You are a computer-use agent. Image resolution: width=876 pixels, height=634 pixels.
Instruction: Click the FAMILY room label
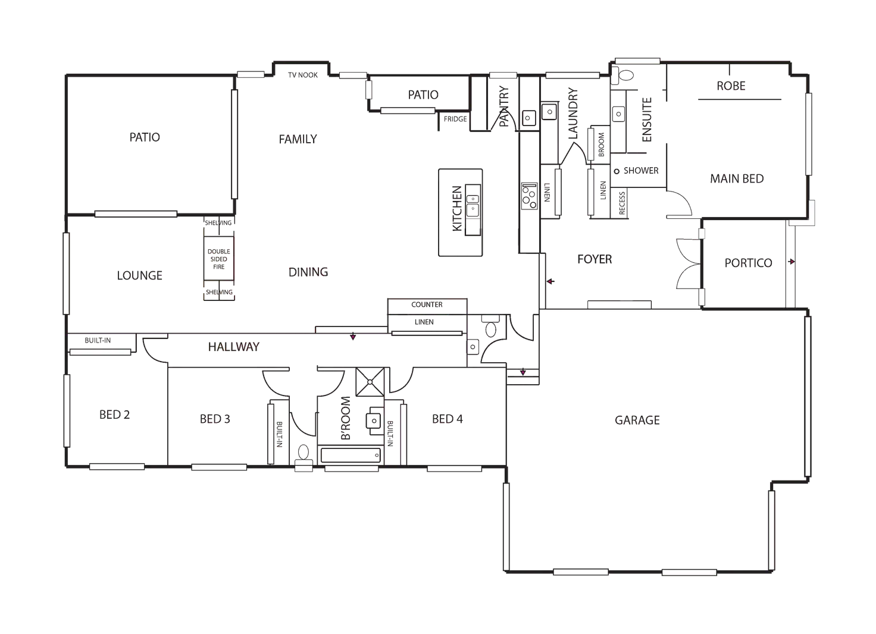pyautogui.click(x=298, y=139)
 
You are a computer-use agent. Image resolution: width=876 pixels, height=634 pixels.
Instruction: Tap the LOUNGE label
pyautogui.click(x=139, y=274)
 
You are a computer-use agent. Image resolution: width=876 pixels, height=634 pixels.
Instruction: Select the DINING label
pyautogui.click(x=308, y=272)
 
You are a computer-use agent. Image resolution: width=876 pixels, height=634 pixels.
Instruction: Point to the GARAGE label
pyautogui.click(x=637, y=421)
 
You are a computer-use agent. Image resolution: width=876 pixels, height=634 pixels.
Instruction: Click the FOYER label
pyautogui.click(x=595, y=259)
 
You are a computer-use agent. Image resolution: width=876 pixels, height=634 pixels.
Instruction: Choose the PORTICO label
pyautogui.click(x=747, y=263)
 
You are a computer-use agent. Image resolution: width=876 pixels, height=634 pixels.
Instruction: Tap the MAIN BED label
pyautogui.click(x=737, y=178)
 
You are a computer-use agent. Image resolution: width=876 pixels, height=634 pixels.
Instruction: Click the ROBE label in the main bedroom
pyautogui.click(x=731, y=86)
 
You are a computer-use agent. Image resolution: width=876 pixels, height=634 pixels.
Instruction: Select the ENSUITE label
pyautogui.click(x=645, y=118)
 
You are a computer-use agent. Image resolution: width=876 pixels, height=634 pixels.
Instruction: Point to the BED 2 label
pyautogui.click(x=114, y=415)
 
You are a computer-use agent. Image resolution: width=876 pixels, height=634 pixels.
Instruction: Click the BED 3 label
pyautogui.click(x=214, y=420)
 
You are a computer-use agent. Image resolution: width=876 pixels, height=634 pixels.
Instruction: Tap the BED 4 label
pyautogui.click(x=446, y=420)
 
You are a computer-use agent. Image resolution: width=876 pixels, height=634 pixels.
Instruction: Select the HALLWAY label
pyautogui.click(x=233, y=346)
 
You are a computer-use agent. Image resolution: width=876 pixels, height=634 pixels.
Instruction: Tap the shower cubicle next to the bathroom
pyautogui.click(x=370, y=381)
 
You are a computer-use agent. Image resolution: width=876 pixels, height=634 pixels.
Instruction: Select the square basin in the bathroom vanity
pyautogui.click(x=373, y=421)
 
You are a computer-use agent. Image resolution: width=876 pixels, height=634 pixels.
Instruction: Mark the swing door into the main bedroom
pyautogui.click(x=680, y=202)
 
